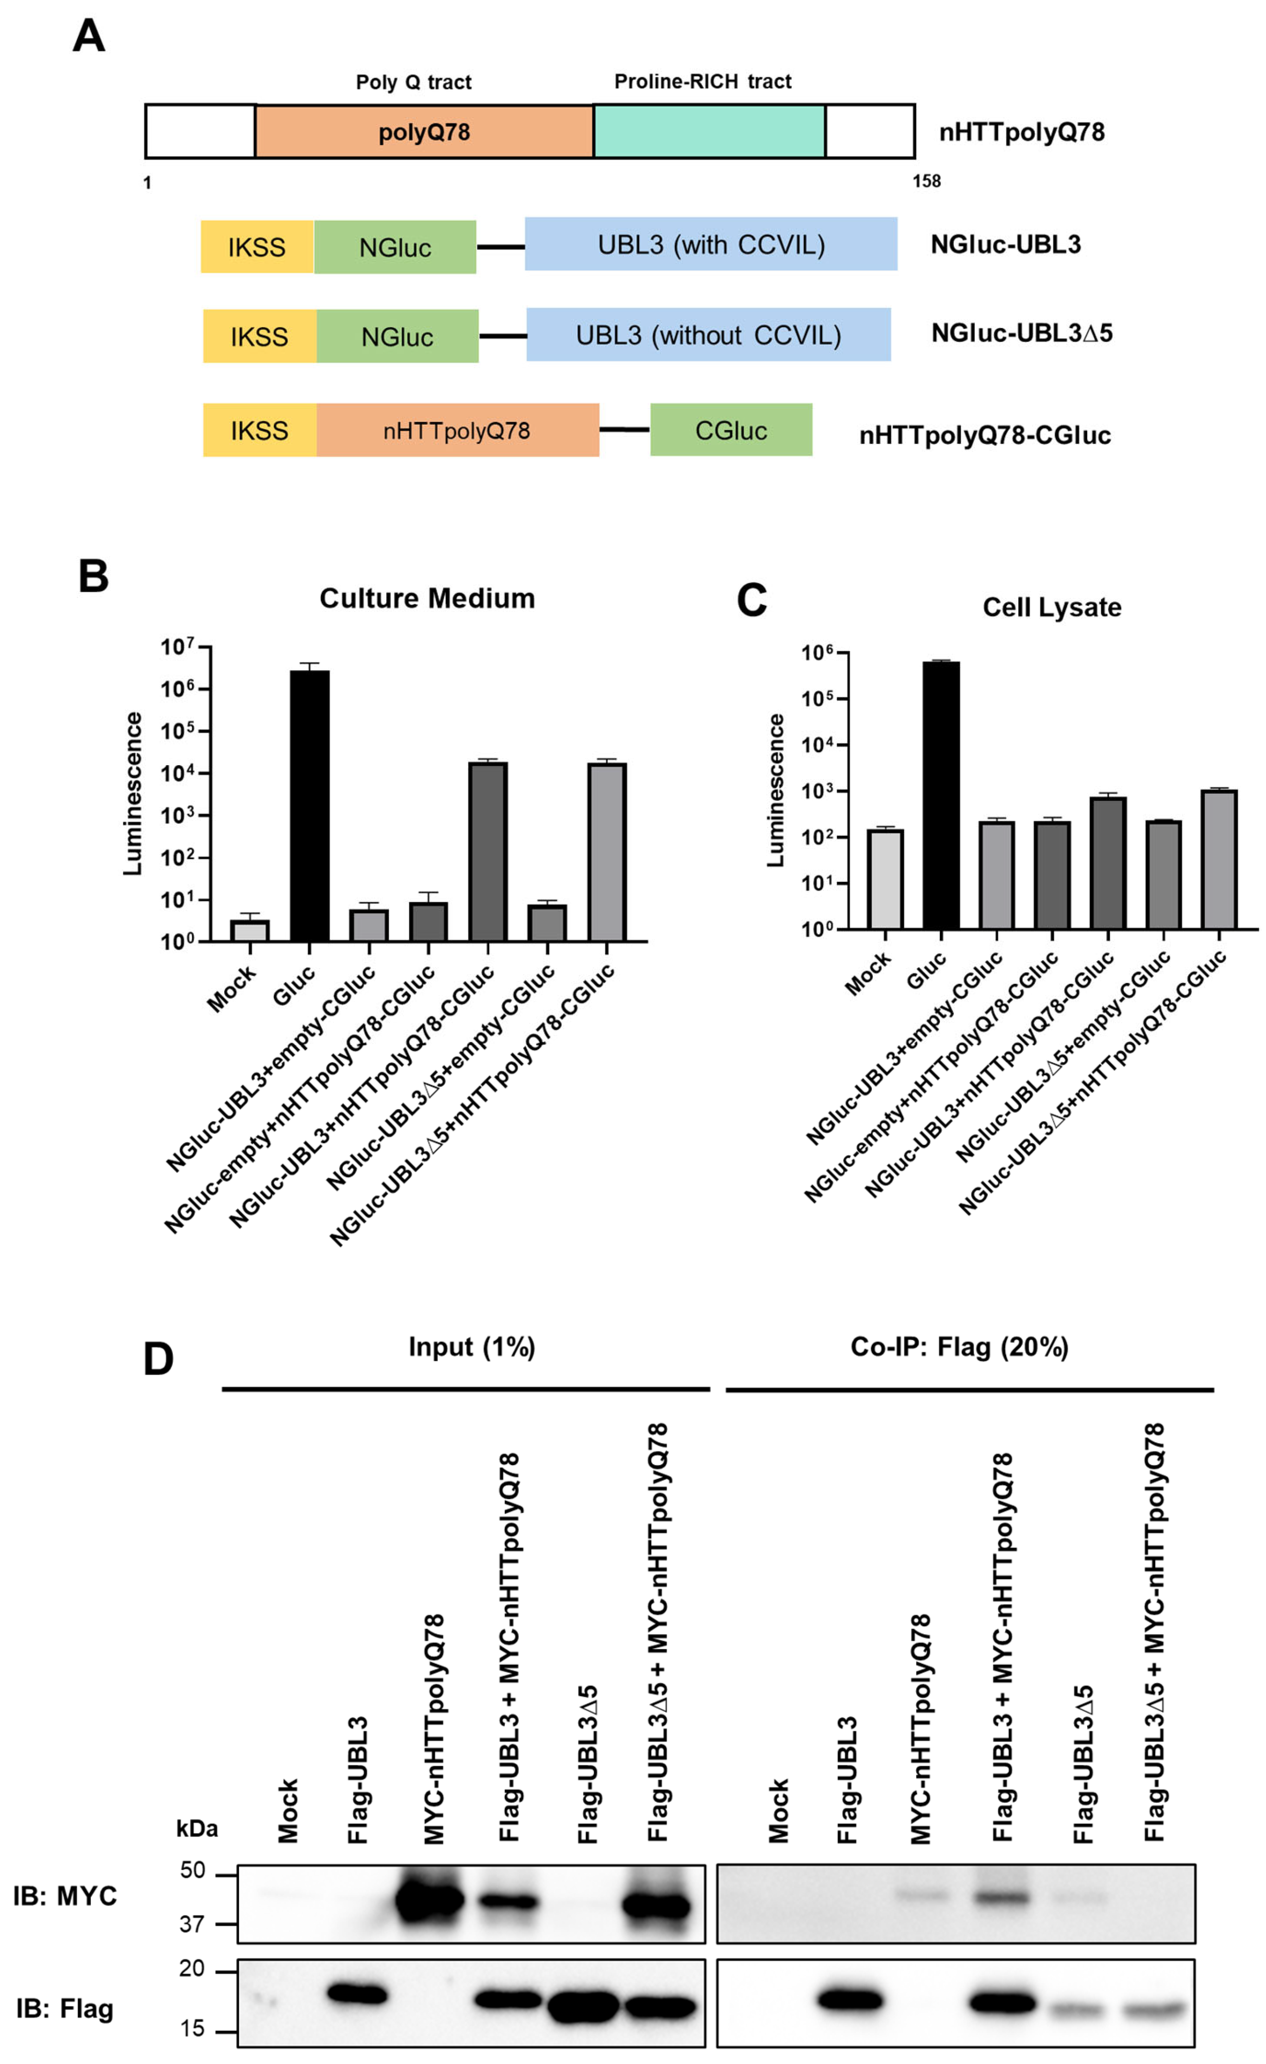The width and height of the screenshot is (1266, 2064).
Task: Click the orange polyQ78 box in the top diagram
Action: coord(424,132)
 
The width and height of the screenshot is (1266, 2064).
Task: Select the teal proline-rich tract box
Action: coord(709,132)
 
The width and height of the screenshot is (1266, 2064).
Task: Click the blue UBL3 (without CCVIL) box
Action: coord(708,334)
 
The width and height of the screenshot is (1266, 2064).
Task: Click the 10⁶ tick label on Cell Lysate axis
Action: coord(817,654)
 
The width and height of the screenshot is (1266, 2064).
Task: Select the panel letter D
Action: coord(158,1359)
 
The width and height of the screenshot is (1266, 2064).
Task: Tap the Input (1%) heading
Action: coord(471,1346)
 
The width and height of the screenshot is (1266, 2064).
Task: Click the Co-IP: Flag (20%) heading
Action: coord(959,1346)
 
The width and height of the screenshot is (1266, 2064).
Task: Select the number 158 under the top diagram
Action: coord(926,181)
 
